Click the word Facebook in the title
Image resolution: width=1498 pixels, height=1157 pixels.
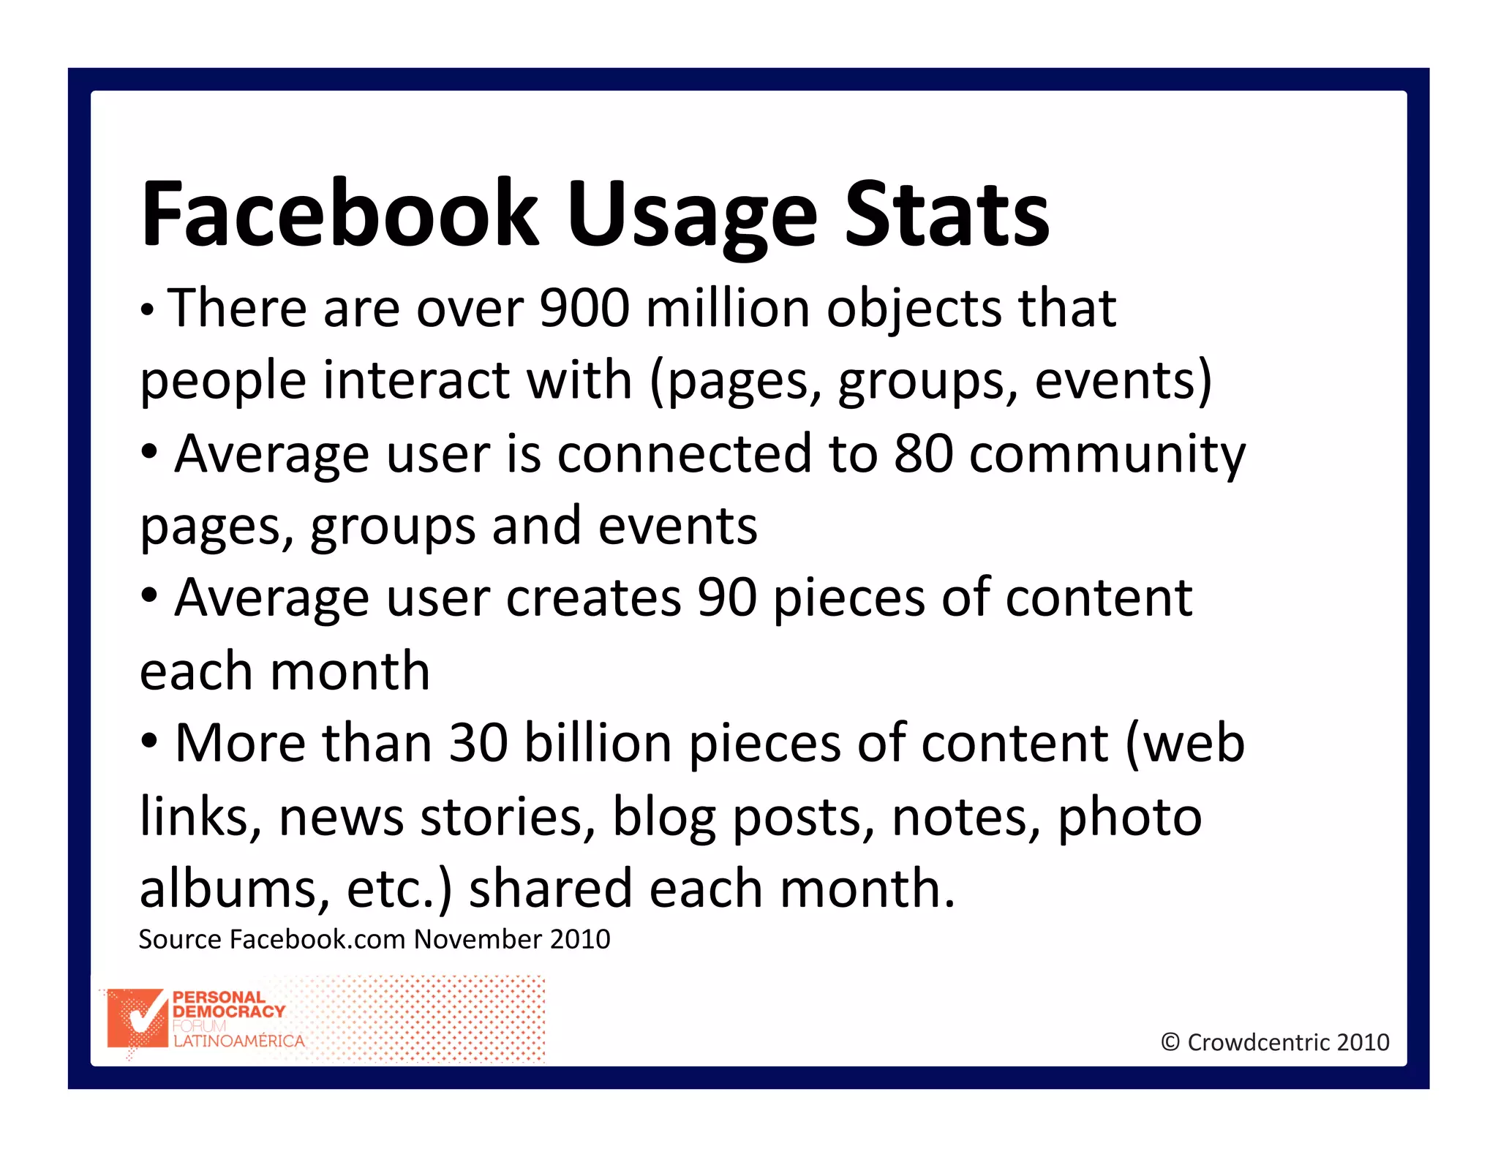[x=339, y=214]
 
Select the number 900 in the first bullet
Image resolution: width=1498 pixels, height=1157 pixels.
[x=584, y=308]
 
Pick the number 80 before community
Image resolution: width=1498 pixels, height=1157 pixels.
[x=923, y=453]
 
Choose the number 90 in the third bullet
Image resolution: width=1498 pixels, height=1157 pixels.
[x=726, y=598]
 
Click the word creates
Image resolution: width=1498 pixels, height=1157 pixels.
[x=593, y=598]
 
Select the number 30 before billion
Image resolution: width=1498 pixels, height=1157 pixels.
[x=478, y=743]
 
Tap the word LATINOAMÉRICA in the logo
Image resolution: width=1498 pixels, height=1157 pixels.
[x=238, y=1041]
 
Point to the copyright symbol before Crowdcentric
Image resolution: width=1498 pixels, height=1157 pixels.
[x=1170, y=1042]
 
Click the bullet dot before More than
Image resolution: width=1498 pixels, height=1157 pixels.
[x=149, y=742]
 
